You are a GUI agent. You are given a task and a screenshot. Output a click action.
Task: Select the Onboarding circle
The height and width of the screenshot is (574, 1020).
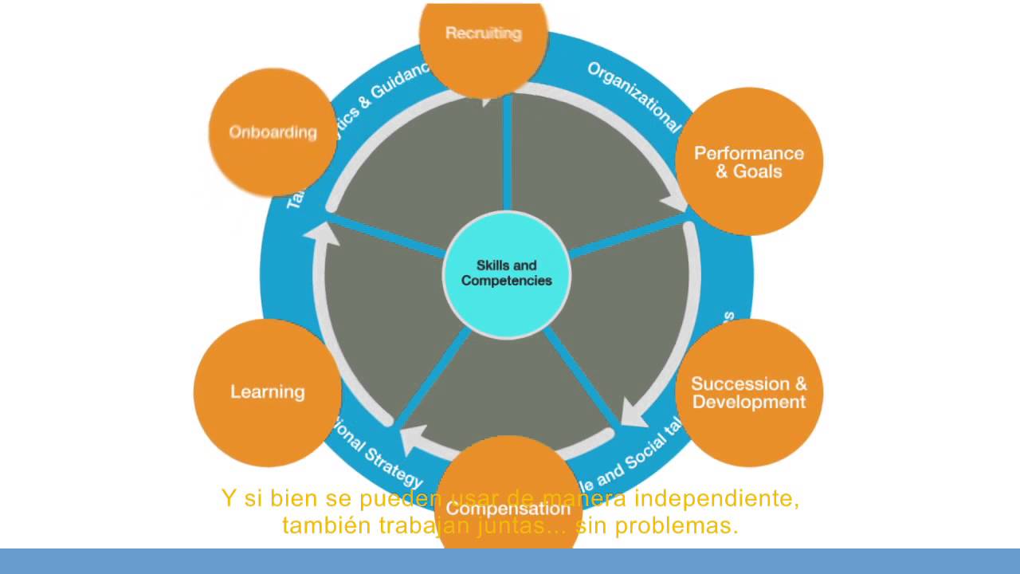tap(273, 132)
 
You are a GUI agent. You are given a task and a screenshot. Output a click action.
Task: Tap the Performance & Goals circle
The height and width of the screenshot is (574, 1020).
tap(748, 162)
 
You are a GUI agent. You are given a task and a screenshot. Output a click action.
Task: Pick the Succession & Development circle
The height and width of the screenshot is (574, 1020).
tap(748, 393)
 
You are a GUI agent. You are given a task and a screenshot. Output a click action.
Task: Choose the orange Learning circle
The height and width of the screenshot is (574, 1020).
tap(267, 392)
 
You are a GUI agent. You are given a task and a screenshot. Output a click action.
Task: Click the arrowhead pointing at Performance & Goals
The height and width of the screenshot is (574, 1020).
tap(677, 204)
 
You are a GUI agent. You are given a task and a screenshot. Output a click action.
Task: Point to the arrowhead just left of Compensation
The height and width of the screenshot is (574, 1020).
tap(414, 439)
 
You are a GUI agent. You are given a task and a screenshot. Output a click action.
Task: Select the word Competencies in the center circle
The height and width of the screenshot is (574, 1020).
tap(507, 281)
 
